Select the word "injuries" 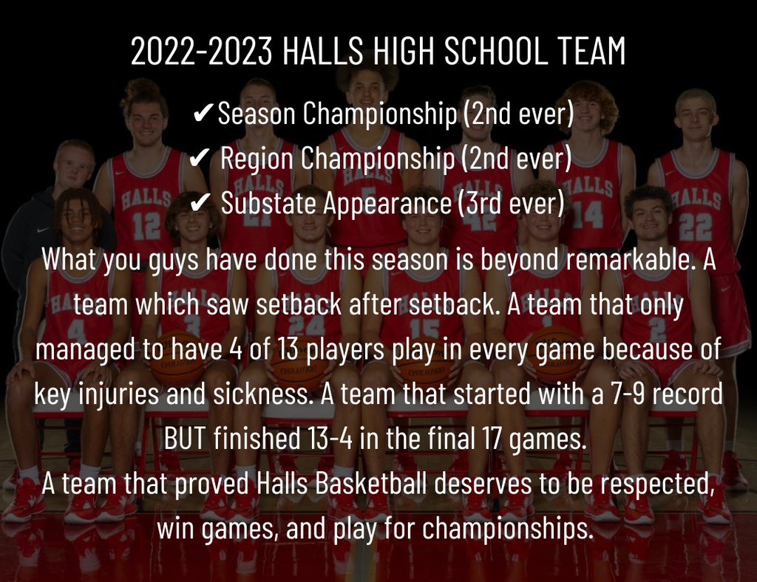tap(121, 394)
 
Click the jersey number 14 tap(592, 214)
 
